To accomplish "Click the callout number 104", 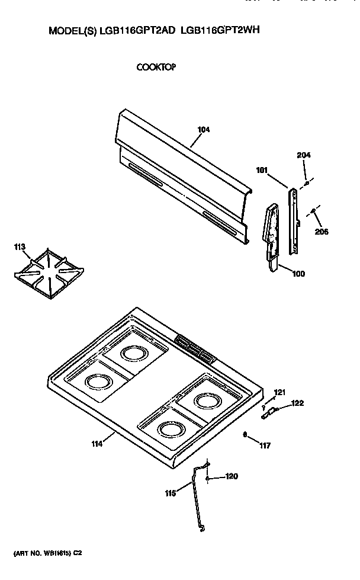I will coord(204,130).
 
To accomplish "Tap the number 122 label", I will coord(297,403).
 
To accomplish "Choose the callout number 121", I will coord(279,392).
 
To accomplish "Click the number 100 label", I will coord(299,273).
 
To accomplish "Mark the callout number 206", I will coord(322,231).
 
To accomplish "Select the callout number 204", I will coord(303,155).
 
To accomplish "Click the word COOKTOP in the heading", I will coord(156,67).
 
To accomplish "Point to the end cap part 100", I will coord(271,237).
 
